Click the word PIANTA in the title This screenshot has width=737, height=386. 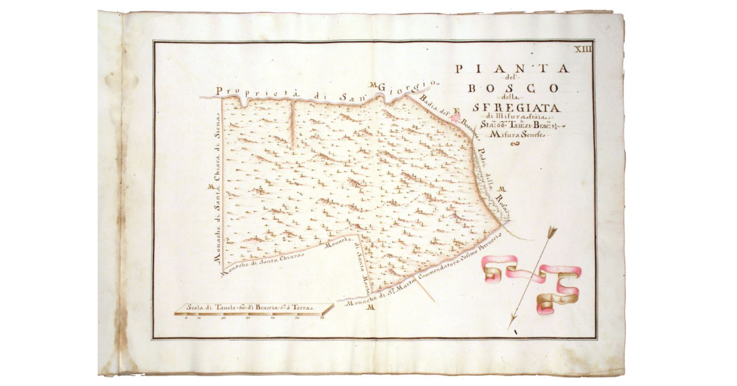click(x=512, y=69)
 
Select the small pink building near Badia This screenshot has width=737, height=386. click(x=455, y=115)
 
